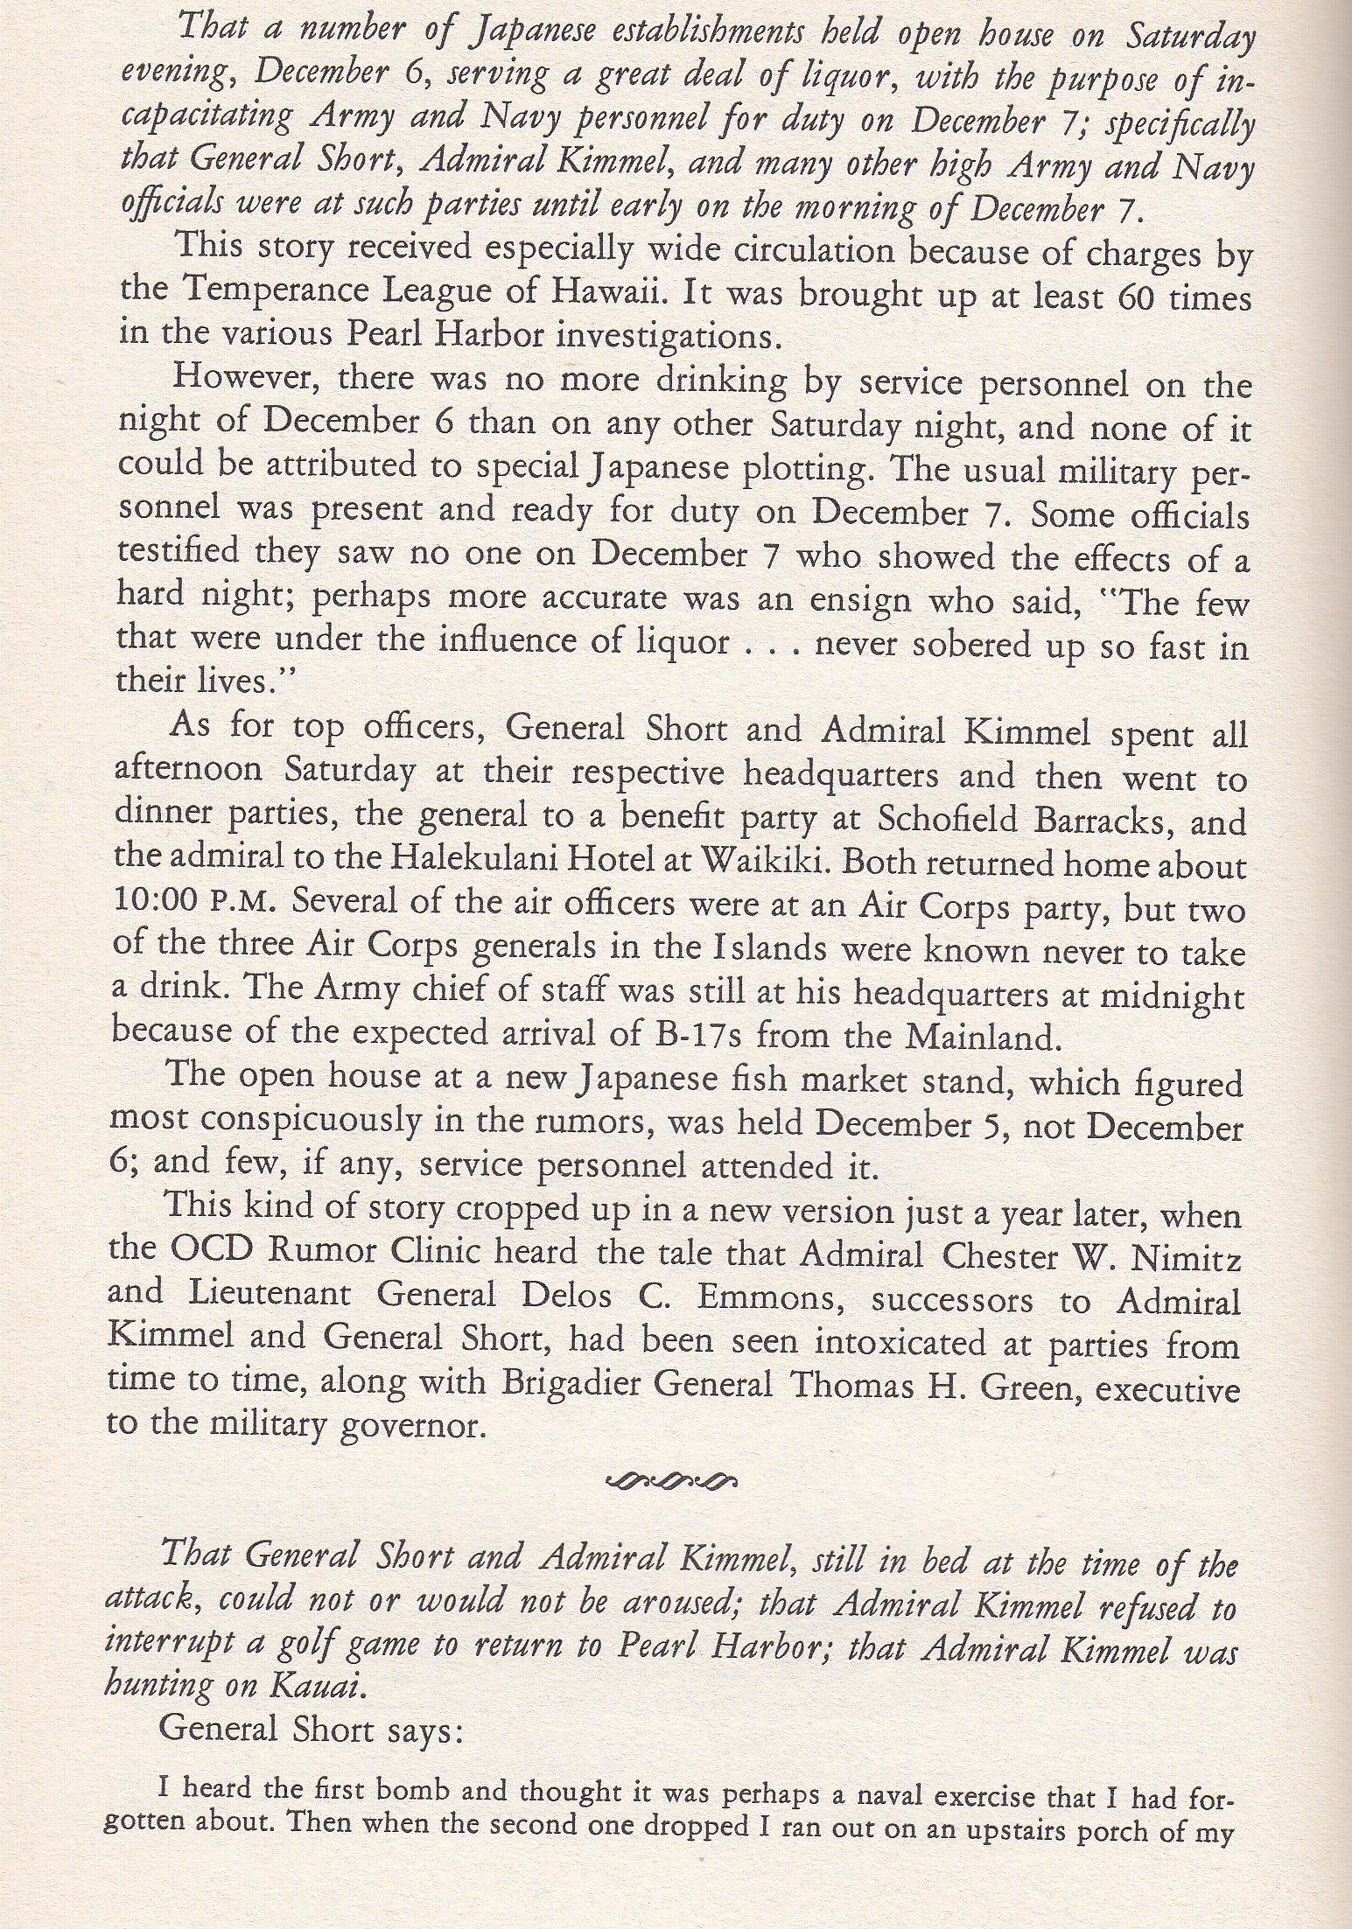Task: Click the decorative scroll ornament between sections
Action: coord(671,1482)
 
